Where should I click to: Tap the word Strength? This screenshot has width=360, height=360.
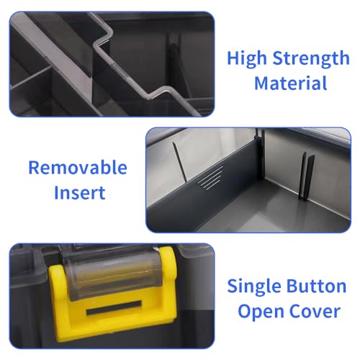click(x=311, y=58)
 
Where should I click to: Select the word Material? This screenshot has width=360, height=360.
click(x=291, y=83)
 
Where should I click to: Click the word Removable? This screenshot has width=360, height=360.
click(x=78, y=168)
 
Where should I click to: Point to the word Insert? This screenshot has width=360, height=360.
click(x=80, y=192)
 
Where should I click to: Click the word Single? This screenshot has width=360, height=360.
click(x=254, y=287)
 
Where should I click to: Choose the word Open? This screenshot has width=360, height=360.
click(x=262, y=312)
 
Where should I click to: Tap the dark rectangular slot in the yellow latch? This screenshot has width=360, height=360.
click(x=114, y=308)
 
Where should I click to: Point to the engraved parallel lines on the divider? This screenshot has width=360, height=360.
click(x=210, y=178)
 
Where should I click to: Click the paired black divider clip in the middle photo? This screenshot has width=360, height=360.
click(x=307, y=176)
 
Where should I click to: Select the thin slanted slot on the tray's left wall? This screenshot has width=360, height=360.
click(x=179, y=161)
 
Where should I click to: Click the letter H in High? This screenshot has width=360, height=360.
click(x=233, y=58)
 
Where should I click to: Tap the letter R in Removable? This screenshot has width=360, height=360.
click(x=34, y=168)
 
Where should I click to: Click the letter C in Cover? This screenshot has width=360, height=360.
click(x=297, y=312)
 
